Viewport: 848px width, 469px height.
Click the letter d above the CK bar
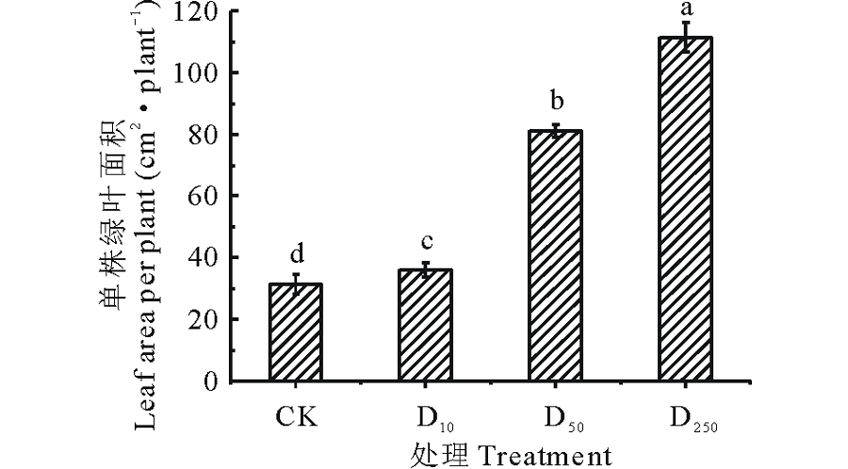click(296, 256)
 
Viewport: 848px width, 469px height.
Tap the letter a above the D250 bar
click(686, 9)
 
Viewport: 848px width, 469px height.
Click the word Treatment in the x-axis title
click(542, 455)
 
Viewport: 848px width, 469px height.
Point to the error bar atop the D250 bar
click(686, 37)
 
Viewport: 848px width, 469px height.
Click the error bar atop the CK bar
click(296, 283)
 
